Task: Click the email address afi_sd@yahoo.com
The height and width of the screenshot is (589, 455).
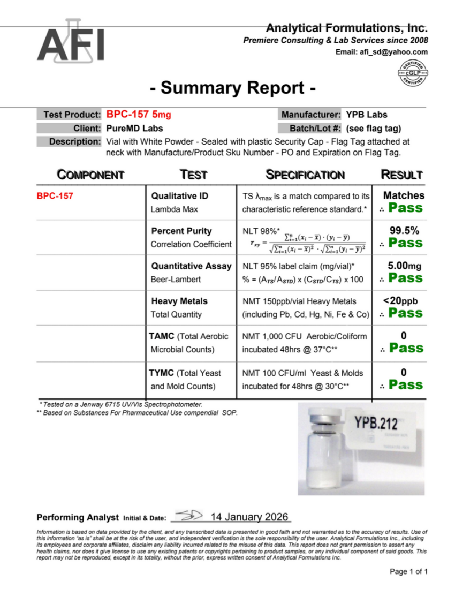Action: pos(382,52)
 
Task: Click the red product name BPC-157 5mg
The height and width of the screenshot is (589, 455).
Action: pos(139,114)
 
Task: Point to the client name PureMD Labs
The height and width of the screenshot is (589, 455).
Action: pos(134,128)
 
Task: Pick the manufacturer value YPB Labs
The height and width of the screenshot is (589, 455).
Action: pos(367,114)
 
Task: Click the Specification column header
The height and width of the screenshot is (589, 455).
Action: pos(305,175)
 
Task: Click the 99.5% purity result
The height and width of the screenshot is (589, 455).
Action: pos(404,231)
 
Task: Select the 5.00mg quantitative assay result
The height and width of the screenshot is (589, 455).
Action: pos(405,266)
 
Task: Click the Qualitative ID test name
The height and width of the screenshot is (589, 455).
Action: pos(180,196)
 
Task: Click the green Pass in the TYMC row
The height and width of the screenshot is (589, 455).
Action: pos(405,384)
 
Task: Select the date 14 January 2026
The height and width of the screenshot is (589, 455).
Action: pos(249,517)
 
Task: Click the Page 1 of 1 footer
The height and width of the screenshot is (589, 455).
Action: pos(409,572)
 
